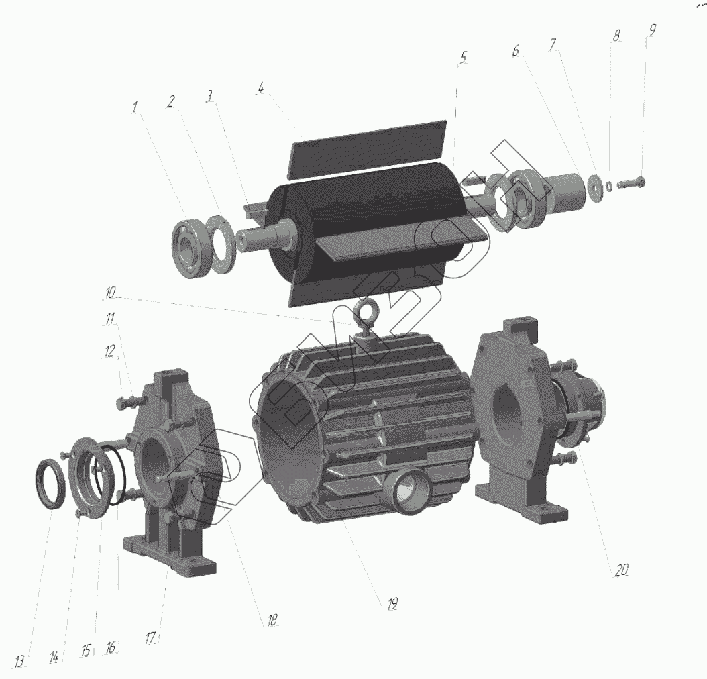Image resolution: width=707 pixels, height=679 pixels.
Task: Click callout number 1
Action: [135, 108]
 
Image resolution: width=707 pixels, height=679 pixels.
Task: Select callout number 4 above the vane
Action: [261, 88]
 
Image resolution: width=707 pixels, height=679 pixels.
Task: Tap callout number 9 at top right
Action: [652, 30]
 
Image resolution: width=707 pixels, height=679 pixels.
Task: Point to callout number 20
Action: [621, 570]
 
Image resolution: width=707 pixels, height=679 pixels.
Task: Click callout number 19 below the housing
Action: [392, 604]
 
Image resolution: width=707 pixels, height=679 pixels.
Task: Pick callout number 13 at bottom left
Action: [19, 662]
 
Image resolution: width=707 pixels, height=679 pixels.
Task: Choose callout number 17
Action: [151, 639]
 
